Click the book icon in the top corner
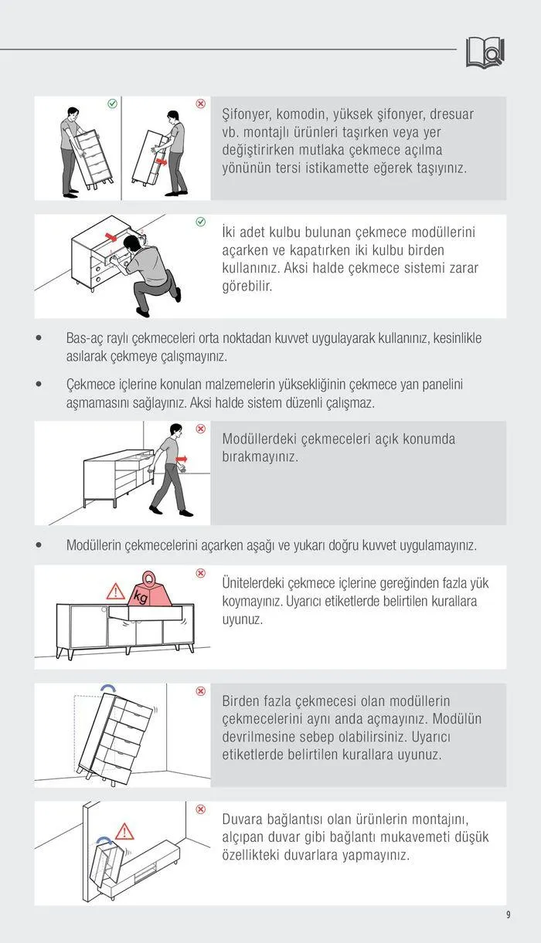click(485, 52)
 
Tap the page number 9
click(508, 915)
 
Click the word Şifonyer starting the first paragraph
click(248, 114)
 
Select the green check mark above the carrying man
click(112, 103)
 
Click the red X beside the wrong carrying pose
click(200, 103)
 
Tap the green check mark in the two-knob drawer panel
click(200, 222)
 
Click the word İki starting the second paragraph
click(230, 232)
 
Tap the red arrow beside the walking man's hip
click(181, 459)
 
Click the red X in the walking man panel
click(200, 429)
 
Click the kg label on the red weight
click(141, 596)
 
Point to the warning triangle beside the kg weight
click(115, 592)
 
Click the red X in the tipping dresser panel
click(200, 691)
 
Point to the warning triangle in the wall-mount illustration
click(124, 831)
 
